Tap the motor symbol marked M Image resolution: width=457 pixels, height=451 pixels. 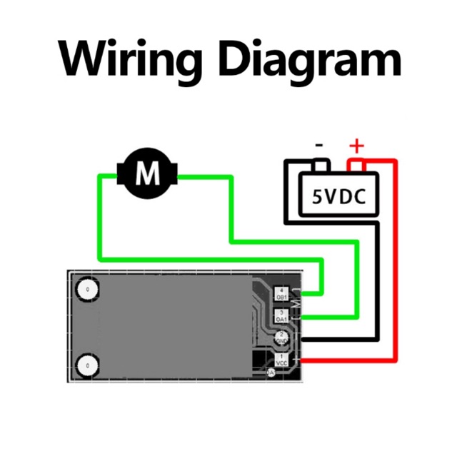tap(149, 173)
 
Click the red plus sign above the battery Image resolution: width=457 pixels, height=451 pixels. tap(356, 147)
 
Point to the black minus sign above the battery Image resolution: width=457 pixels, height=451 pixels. tap(319, 146)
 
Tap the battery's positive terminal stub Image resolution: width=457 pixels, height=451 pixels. tap(356, 167)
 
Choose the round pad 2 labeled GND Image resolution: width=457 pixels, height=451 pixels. tap(281, 338)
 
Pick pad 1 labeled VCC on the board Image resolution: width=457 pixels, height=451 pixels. tap(281, 360)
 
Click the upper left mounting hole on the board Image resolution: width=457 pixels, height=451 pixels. tap(87, 290)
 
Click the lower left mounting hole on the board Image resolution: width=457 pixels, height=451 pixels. tap(87, 365)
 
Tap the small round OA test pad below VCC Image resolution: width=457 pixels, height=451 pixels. tap(271, 373)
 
